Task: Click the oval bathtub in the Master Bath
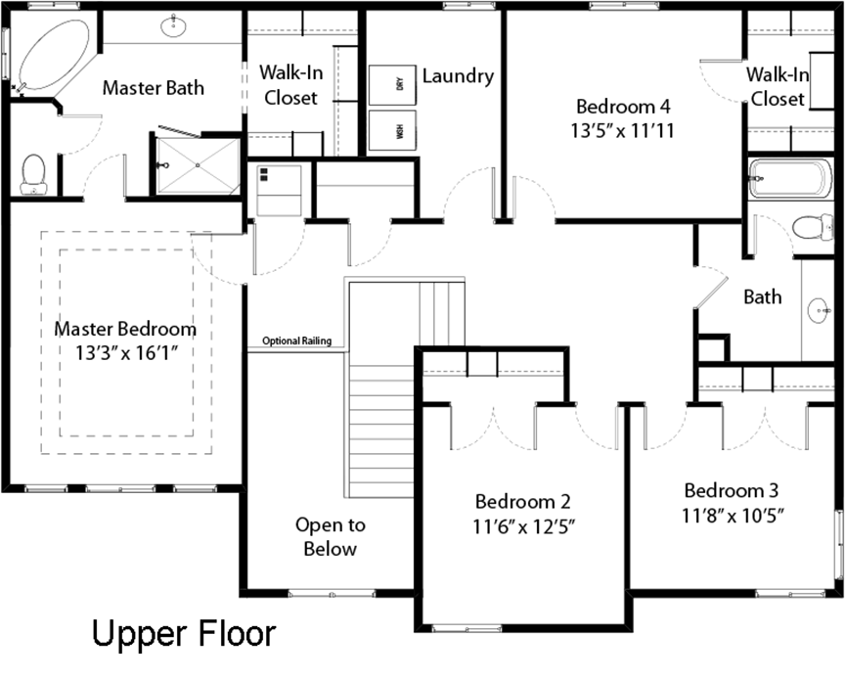click(53, 55)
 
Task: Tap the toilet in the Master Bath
click(33, 174)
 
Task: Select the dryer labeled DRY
click(392, 85)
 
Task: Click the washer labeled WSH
click(392, 130)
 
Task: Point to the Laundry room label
click(458, 75)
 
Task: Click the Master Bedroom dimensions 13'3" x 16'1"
click(126, 353)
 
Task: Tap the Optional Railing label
click(297, 340)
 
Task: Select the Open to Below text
click(331, 536)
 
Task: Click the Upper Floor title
click(184, 632)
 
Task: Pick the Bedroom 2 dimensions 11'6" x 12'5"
click(524, 525)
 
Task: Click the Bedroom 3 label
click(732, 490)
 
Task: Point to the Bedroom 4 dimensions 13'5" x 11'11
click(623, 130)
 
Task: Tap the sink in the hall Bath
click(821, 311)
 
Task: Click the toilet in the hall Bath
click(813, 227)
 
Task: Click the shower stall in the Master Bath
click(198, 165)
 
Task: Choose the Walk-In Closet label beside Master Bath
click(291, 85)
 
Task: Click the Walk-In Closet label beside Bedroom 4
click(778, 86)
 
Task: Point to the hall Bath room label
click(763, 296)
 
